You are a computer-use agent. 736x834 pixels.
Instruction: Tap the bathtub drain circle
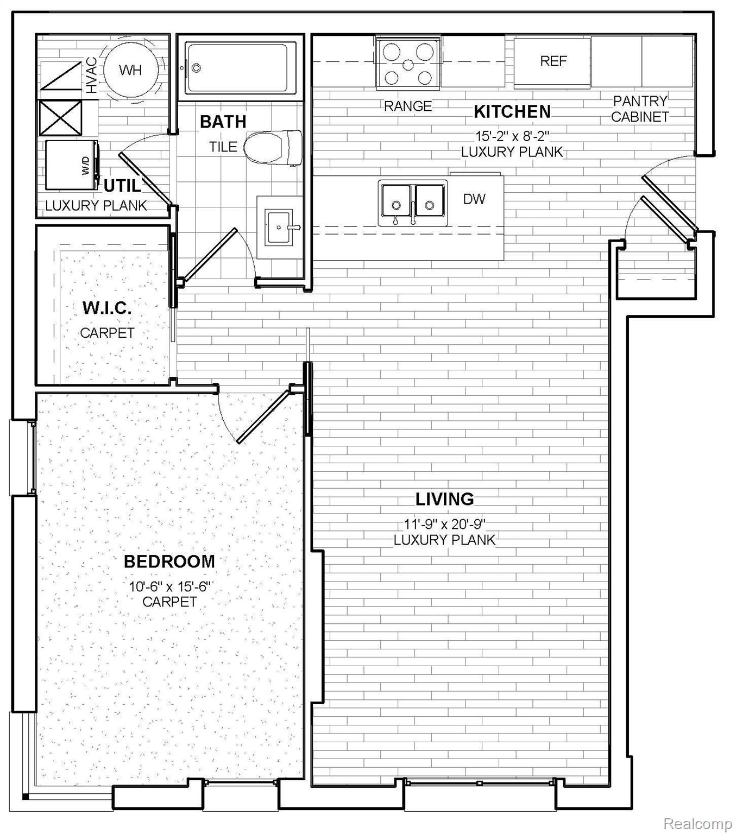[197, 68]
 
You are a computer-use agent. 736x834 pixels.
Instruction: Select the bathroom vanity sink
[279, 227]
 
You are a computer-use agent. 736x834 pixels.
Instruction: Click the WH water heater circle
[130, 70]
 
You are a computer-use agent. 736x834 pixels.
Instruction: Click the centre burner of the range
[408, 65]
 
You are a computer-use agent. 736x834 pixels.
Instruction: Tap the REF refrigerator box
[552, 62]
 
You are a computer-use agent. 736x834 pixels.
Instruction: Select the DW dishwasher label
[474, 199]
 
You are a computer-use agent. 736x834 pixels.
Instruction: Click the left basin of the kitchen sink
[396, 200]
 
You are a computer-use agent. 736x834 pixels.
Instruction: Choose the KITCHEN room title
[512, 112]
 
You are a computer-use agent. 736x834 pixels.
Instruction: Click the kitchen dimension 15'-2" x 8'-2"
[512, 135]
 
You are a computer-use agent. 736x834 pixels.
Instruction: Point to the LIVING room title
[444, 499]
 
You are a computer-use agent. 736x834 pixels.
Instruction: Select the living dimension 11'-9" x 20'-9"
[444, 524]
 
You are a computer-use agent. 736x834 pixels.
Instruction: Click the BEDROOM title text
[169, 561]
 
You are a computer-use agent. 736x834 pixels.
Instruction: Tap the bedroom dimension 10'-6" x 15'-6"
[169, 586]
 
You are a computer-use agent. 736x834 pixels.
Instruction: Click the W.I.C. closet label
[107, 308]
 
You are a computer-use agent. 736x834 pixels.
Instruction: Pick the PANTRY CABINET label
[640, 109]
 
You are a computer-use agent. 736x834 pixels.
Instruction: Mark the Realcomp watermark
[697, 813]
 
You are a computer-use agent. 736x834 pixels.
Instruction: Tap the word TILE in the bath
[223, 147]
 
